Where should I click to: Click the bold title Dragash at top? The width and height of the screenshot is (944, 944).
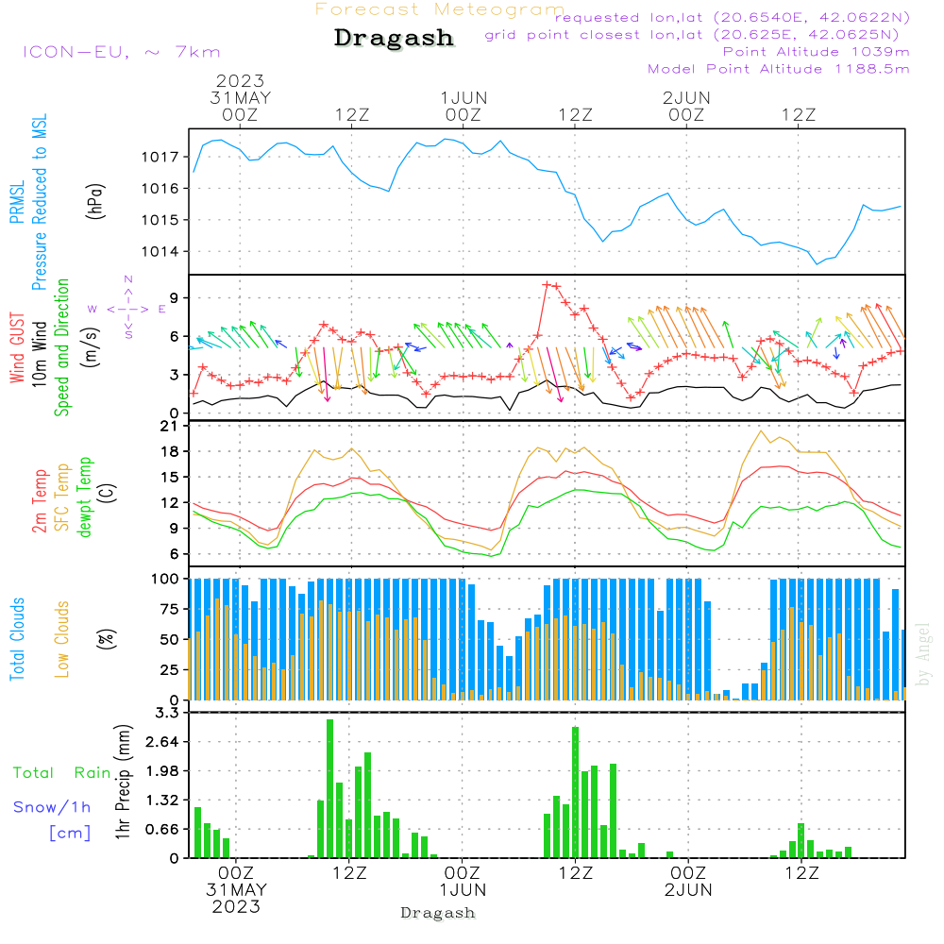(394, 39)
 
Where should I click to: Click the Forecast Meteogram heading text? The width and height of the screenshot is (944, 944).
(440, 9)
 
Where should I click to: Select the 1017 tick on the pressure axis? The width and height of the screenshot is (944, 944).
(163, 157)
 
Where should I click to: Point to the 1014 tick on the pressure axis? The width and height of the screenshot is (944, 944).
(163, 251)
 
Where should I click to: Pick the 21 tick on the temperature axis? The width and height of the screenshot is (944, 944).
(170, 426)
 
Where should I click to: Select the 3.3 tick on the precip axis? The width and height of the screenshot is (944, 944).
(167, 713)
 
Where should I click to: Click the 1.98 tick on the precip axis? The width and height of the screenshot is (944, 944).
(163, 771)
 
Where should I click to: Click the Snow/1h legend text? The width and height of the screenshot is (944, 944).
(53, 807)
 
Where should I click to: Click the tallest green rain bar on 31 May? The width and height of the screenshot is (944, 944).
(330, 788)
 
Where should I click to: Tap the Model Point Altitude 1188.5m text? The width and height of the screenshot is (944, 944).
(779, 69)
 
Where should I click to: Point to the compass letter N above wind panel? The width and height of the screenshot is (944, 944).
(128, 279)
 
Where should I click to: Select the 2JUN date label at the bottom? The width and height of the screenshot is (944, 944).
(687, 890)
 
